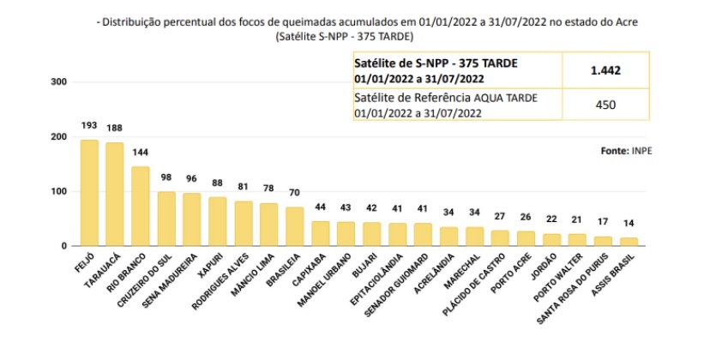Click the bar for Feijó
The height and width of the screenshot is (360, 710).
click(89, 193)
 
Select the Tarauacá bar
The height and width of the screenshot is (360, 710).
click(115, 195)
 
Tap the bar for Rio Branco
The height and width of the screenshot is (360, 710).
click(141, 207)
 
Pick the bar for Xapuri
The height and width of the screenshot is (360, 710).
click(218, 221)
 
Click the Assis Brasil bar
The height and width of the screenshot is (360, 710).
click(629, 242)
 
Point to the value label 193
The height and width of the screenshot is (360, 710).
click(89, 126)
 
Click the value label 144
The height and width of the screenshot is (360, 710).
click(141, 153)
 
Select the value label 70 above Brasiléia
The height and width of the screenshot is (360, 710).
click(295, 193)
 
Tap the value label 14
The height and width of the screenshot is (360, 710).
click(629, 224)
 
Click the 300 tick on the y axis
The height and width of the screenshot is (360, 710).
click(59, 82)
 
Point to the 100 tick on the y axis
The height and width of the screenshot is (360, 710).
click(59, 191)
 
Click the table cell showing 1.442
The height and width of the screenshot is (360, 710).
click(605, 69)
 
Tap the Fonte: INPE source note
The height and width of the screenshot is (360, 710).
click(625, 150)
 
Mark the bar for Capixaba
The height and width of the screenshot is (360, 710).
click(321, 233)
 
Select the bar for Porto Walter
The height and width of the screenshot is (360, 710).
click(578, 240)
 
